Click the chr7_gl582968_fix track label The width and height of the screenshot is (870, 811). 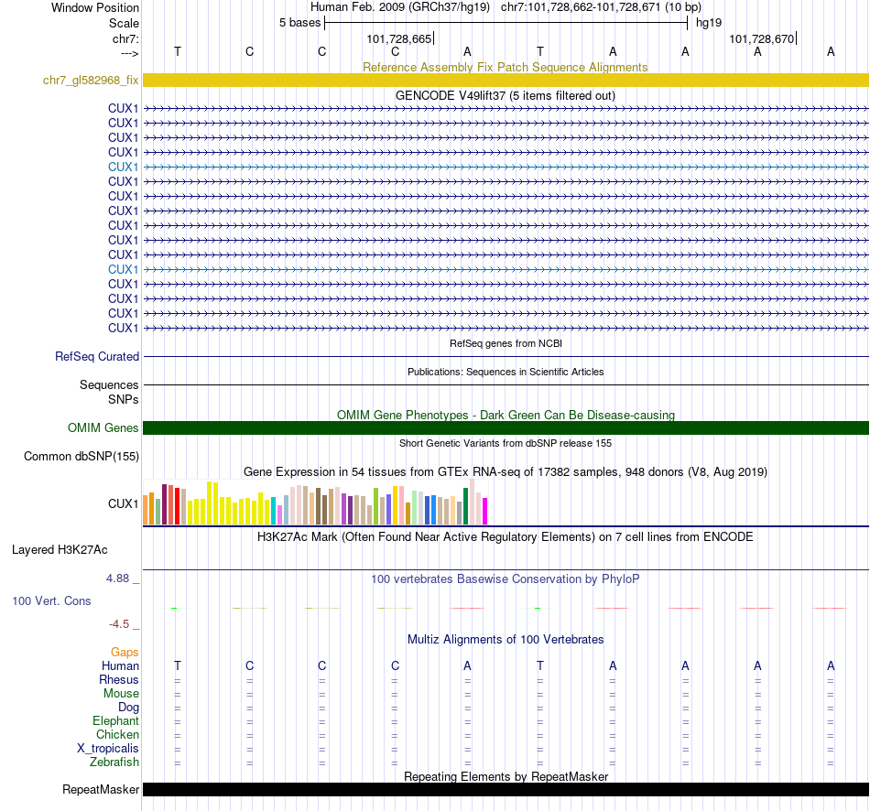click(91, 81)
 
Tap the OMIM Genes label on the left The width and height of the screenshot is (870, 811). click(103, 428)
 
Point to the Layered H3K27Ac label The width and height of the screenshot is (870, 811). click(60, 550)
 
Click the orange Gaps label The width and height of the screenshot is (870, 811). click(125, 653)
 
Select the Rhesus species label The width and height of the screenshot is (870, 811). click(119, 680)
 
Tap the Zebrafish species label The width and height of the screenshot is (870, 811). click(114, 762)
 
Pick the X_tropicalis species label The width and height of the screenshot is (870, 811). click(108, 749)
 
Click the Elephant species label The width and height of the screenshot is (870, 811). click(115, 721)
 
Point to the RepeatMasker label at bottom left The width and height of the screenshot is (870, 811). click(101, 790)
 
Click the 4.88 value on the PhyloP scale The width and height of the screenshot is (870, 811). click(119, 579)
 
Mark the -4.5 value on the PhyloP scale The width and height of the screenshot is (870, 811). click(120, 624)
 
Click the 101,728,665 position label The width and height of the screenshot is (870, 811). click(398, 38)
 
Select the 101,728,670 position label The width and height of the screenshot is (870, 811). click(762, 38)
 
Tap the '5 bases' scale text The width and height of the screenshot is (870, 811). click(299, 22)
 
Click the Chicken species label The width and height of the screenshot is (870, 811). click(118, 735)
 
